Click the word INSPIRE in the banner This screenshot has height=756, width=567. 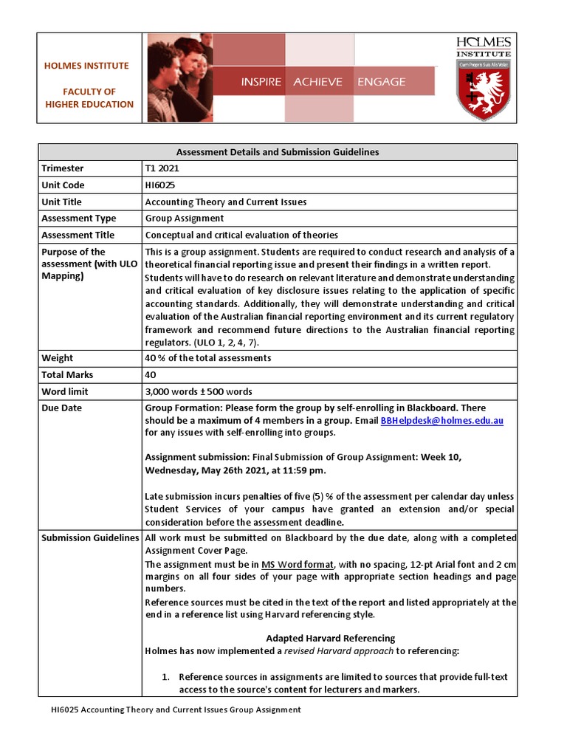click(261, 82)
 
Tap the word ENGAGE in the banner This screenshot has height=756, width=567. click(381, 82)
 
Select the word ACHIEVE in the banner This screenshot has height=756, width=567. click(317, 82)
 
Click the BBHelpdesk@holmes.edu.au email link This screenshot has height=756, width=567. click(441, 420)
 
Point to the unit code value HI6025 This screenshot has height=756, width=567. click(160, 185)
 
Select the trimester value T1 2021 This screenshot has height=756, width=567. click(162, 168)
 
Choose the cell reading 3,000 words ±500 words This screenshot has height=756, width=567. click(198, 391)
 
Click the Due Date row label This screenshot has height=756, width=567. click(62, 408)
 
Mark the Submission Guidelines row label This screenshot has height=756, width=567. click(90, 537)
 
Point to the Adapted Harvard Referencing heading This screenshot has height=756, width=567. click(330, 638)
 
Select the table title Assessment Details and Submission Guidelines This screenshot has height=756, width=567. click(278, 152)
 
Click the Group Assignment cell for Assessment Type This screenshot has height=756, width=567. click(184, 219)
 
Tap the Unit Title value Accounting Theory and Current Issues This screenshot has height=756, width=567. click(225, 202)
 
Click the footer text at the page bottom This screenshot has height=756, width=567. click(176, 709)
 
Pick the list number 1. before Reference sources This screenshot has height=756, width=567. click(166, 677)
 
